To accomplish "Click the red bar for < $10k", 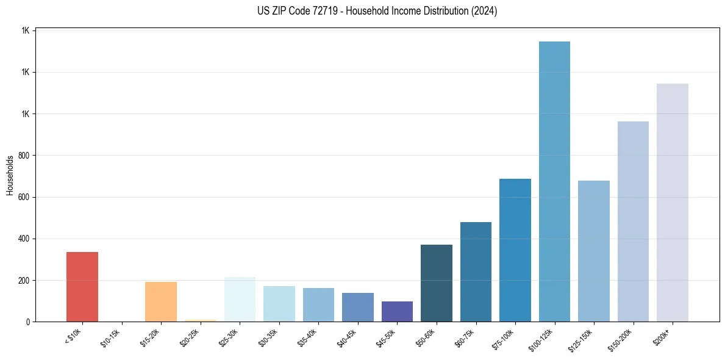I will (82, 287).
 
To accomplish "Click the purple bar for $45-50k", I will (397, 311).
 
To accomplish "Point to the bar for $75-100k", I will (515, 250).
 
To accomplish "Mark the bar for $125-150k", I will (594, 251).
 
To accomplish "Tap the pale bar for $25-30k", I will (240, 299).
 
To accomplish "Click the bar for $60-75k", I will (476, 272).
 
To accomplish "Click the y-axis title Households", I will (10, 175).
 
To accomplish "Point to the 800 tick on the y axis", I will (25, 156).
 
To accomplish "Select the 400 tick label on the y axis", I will (25, 239).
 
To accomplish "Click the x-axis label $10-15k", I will (111, 336).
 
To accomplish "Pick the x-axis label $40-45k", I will (347, 336).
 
